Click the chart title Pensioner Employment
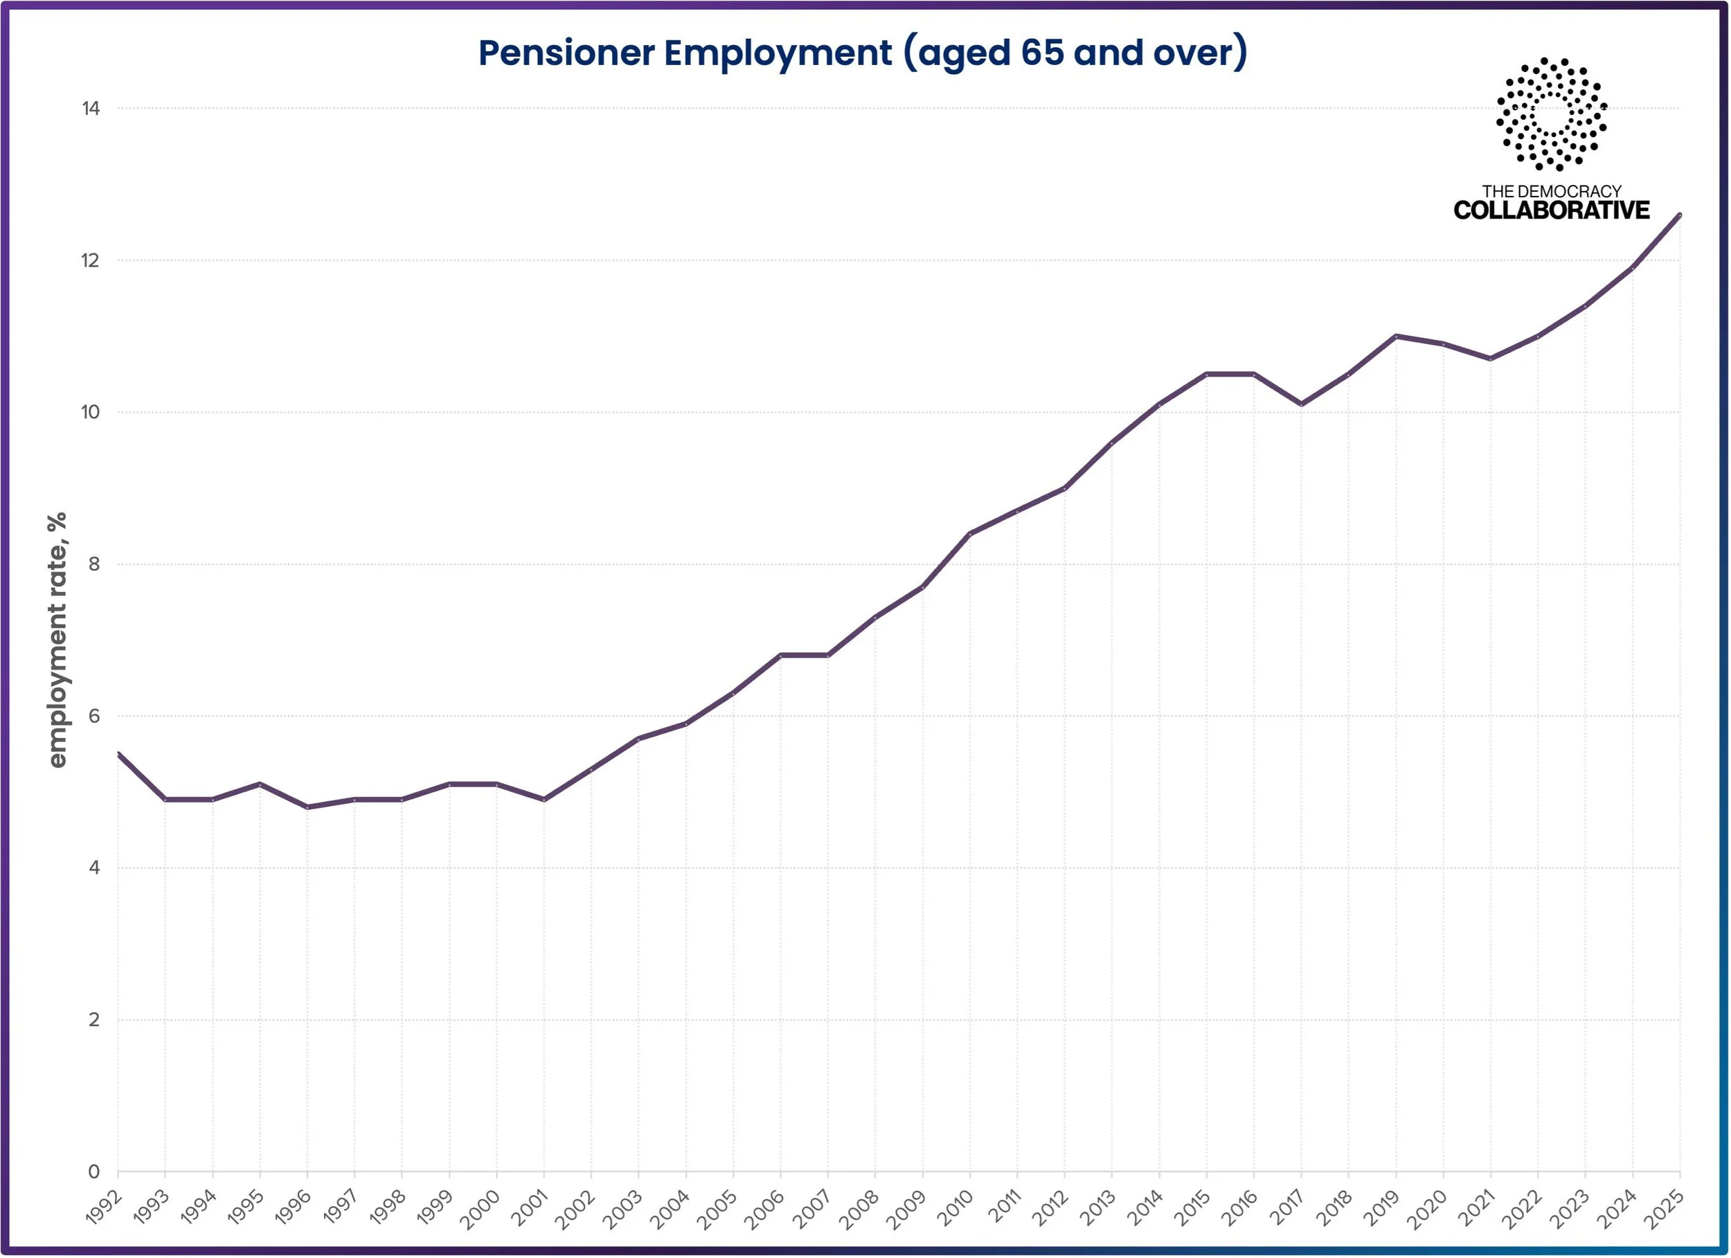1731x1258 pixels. [x=685, y=53]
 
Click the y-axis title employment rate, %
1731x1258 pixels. [x=57, y=640]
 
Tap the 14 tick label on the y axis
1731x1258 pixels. [x=91, y=109]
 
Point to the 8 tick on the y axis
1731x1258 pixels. [x=94, y=564]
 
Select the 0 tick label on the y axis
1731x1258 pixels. [x=94, y=1171]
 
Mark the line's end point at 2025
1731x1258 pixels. [x=1680, y=215]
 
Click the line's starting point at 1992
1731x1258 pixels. [x=118, y=754]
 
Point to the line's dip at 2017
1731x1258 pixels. [x=1301, y=404]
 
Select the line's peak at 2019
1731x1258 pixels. [x=1396, y=336]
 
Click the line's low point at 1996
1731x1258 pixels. [x=307, y=807]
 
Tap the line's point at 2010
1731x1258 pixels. [x=970, y=534]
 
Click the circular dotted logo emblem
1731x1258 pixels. [x=1552, y=114]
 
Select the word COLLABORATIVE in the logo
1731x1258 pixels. [x=1552, y=210]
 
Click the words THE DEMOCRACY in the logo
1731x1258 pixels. [x=1552, y=191]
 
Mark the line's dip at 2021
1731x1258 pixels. [x=1491, y=359]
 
